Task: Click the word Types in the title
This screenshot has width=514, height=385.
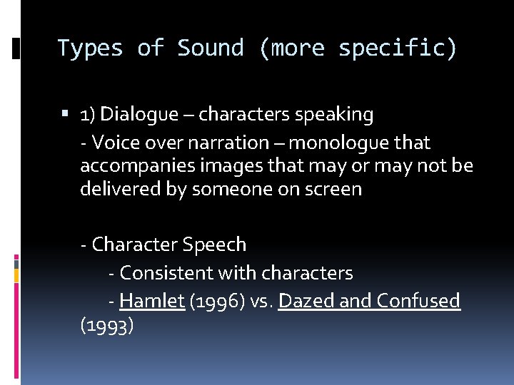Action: coord(90,48)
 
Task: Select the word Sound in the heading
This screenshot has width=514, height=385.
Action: coord(210,48)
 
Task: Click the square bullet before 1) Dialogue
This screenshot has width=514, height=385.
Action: coord(66,114)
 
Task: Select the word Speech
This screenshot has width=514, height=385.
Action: coord(214,245)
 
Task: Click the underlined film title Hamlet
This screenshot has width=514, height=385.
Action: coord(152,301)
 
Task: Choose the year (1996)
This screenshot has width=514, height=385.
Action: coord(217,301)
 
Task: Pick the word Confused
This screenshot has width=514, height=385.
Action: coord(418,301)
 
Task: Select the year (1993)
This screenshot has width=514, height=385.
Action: coord(107,326)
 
